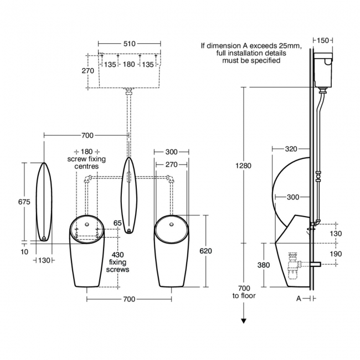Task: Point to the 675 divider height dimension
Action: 24,202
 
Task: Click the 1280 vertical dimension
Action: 243,166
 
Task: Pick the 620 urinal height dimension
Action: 205,251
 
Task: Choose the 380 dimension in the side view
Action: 264,265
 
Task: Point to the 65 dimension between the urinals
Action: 117,223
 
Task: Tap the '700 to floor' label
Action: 244,292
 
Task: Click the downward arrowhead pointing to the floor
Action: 244,320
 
